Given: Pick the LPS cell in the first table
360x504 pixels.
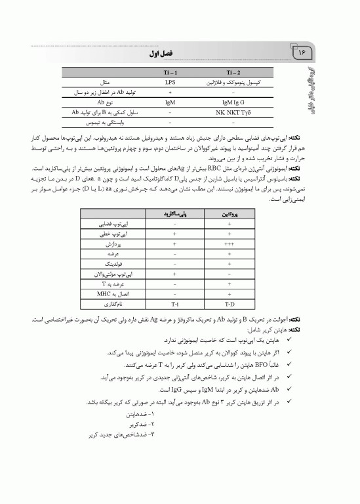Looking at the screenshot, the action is click(170, 83).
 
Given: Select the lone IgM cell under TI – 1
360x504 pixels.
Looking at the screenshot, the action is click(170, 102).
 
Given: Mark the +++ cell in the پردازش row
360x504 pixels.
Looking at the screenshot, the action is click(230, 243).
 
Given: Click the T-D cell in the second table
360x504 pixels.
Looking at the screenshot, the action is click(230, 304).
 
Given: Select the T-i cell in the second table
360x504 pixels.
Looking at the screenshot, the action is click(175, 304).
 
